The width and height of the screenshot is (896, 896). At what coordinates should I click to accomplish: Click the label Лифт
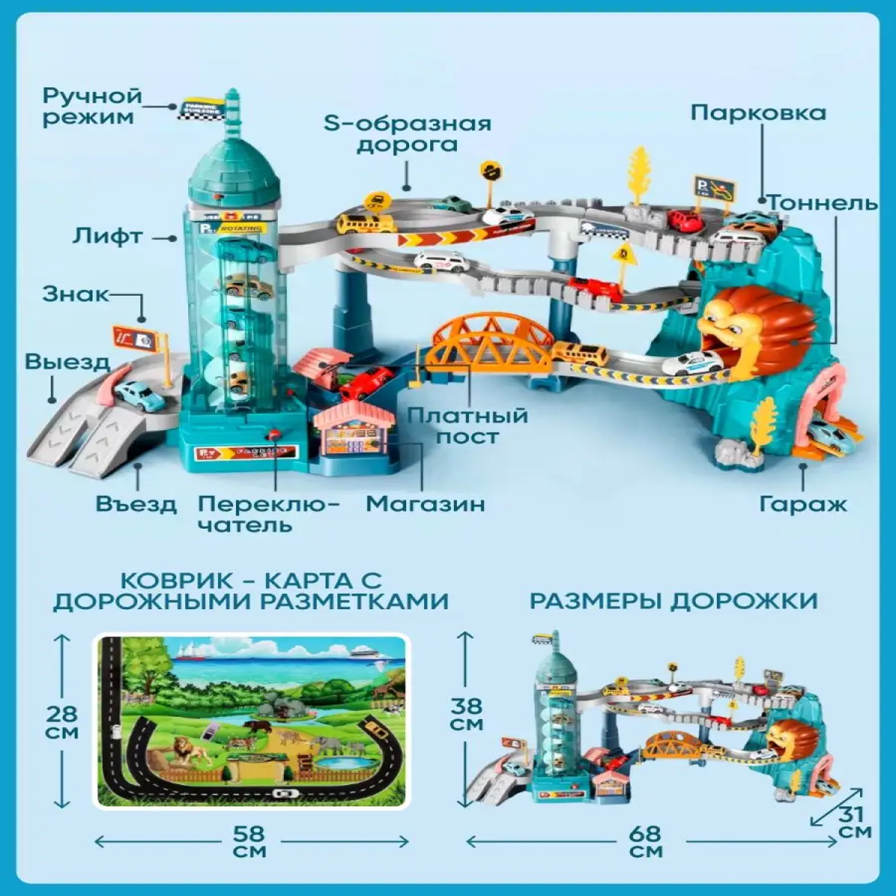tap(108, 237)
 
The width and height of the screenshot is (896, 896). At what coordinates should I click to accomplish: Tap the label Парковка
tap(758, 113)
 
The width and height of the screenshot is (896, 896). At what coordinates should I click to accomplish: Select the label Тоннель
tap(823, 203)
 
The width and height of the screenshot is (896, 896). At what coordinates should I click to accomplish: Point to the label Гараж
tap(803, 504)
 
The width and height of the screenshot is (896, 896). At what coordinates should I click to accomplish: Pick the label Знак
tap(75, 294)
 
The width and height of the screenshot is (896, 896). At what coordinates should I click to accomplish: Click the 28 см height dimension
tap(62, 722)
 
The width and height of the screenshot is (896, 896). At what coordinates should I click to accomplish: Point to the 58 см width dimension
tap(250, 842)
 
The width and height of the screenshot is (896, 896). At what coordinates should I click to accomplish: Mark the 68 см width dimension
tap(646, 842)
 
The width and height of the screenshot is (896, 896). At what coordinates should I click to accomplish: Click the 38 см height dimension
tap(466, 714)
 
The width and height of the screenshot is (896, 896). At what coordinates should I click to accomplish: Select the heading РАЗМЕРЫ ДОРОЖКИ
tap(673, 601)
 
